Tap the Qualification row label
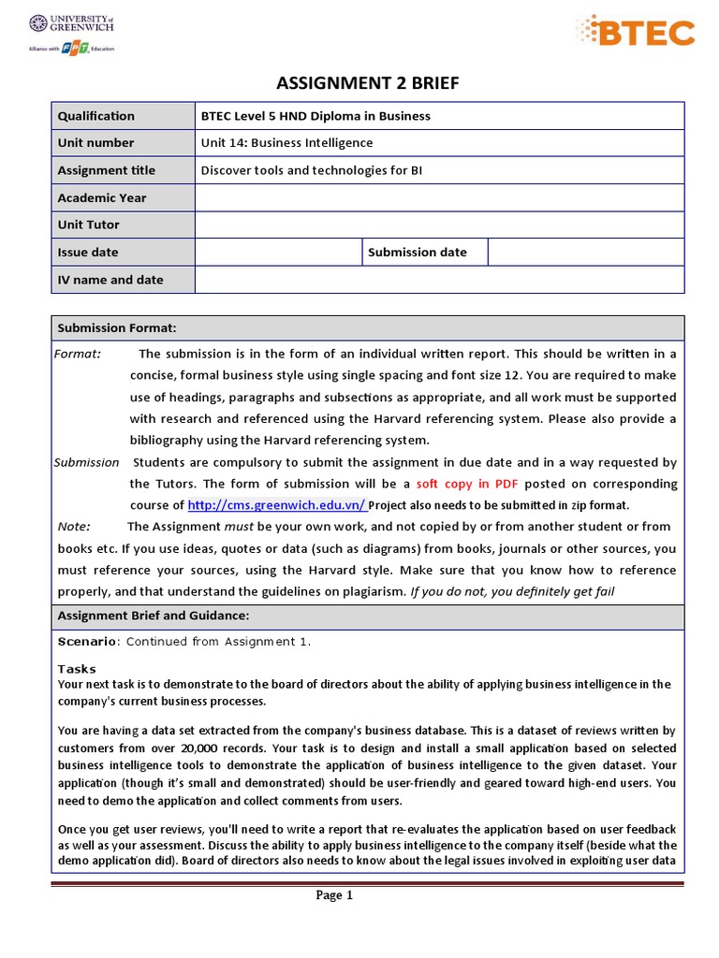tap(96, 116)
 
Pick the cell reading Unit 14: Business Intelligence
tap(286, 143)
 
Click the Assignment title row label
tap(107, 170)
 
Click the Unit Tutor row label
tap(89, 225)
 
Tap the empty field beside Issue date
tap(278, 252)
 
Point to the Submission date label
tap(418, 252)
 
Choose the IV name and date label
tap(110, 280)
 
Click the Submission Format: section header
tap(117, 327)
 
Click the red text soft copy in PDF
tap(467, 484)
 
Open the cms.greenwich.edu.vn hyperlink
tap(277, 505)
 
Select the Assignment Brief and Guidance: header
tap(154, 616)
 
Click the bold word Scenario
tap(87, 642)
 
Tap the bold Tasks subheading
tap(77, 669)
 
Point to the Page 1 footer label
tap(334, 895)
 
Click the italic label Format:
tap(78, 354)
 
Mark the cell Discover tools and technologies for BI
tap(312, 170)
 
